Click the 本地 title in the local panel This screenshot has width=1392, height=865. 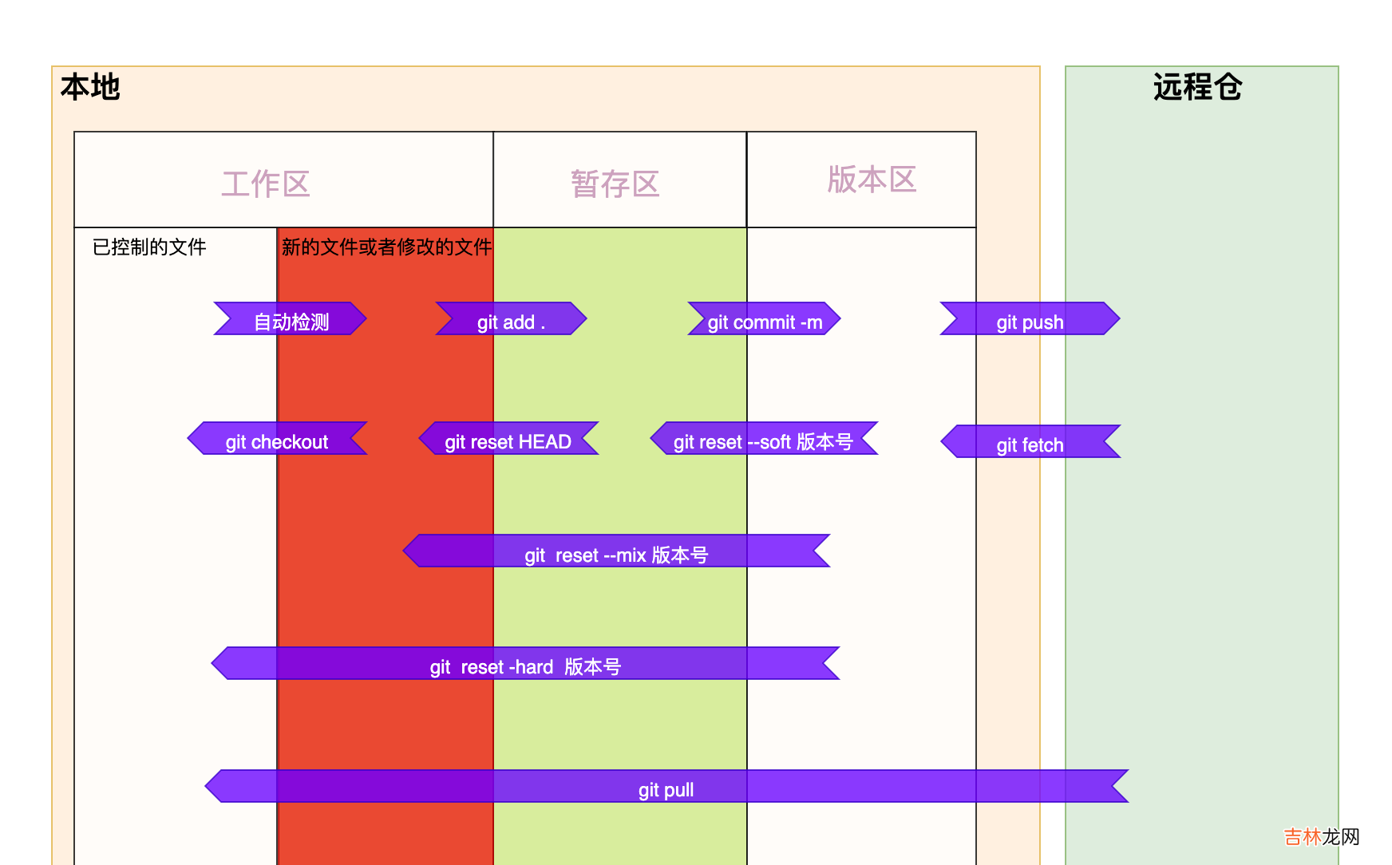pyautogui.click(x=90, y=87)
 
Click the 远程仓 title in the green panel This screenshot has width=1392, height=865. pyautogui.click(x=1197, y=87)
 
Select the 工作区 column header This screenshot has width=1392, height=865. pyautogui.click(x=266, y=184)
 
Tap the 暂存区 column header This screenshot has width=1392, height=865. pyautogui.click(x=615, y=184)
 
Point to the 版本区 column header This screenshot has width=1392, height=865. pyautogui.click(x=872, y=180)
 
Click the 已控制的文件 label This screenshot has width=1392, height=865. pyautogui.click(x=149, y=247)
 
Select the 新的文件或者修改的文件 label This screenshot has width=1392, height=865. pyautogui.click(x=386, y=247)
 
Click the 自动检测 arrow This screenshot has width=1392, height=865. pyautogui.click(x=291, y=319)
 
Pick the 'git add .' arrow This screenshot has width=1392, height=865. pyautogui.click(x=511, y=319)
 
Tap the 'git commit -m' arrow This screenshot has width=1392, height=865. pyautogui.click(x=765, y=319)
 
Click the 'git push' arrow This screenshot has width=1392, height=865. pyautogui.click(x=1030, y=319)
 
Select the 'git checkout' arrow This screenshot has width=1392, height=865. pyautogui.click(x=277, y=439)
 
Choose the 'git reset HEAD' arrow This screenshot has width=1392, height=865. pyautogui.click(x=508, y=439)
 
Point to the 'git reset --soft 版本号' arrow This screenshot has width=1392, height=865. pyautogui.click(x=764, y=439)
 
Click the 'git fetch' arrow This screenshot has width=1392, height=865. pyautogui.click(x=1030, y=442)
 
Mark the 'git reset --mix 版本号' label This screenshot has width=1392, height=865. pyautogui.click(x=616, y=555)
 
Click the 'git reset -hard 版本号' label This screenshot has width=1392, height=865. pyautogui.click(x=525, y=666)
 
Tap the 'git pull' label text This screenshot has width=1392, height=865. pyautogui.click(x=666, y=789)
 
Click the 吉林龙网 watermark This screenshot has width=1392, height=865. pyautogui.click(x=1321, y=836)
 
